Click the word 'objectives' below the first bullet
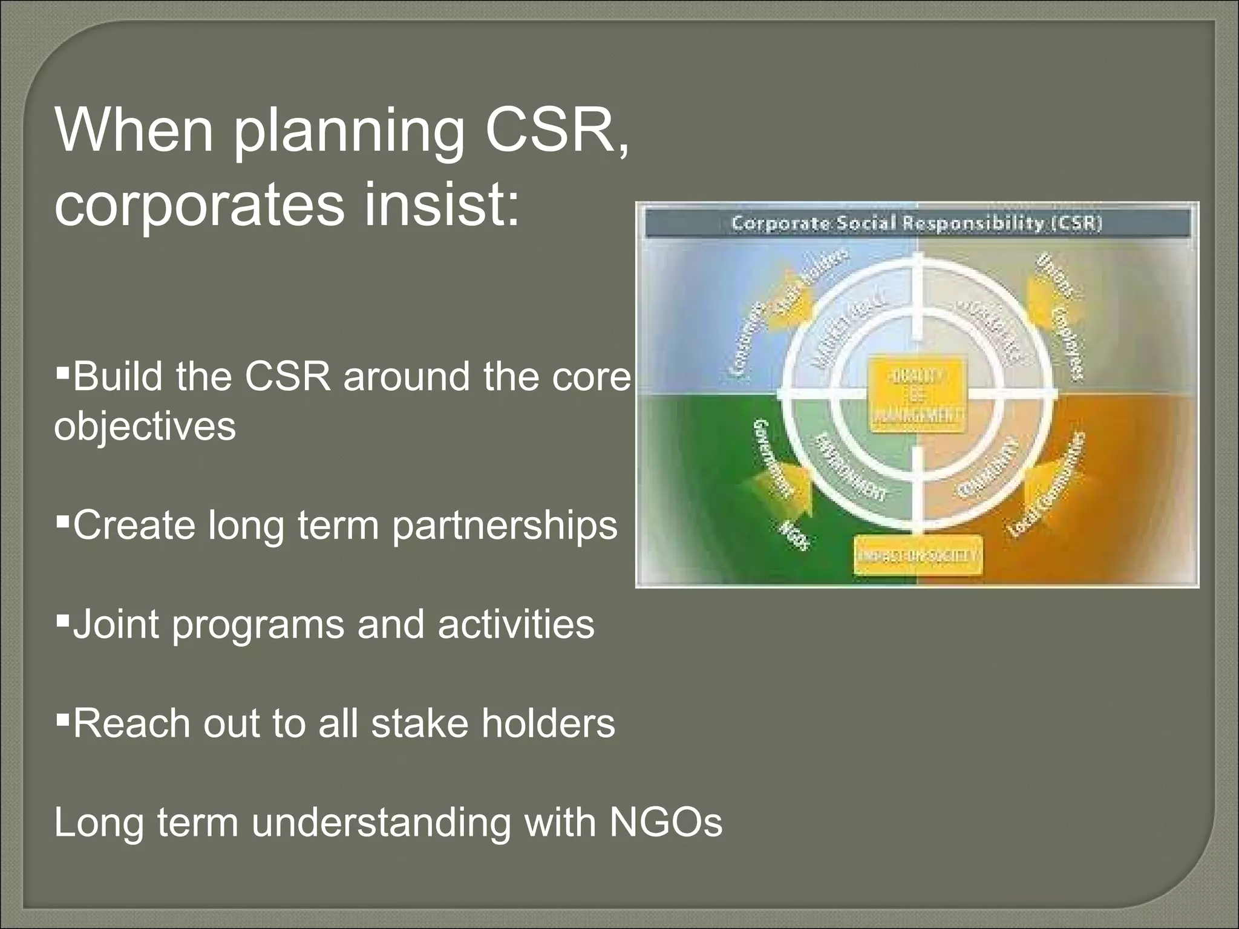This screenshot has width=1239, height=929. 145,426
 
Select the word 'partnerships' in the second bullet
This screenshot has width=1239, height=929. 505,526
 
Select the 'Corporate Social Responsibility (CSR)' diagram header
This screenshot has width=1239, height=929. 917,223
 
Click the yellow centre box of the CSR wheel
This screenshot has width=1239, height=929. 917,396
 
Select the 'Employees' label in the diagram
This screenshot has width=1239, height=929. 1066,345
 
